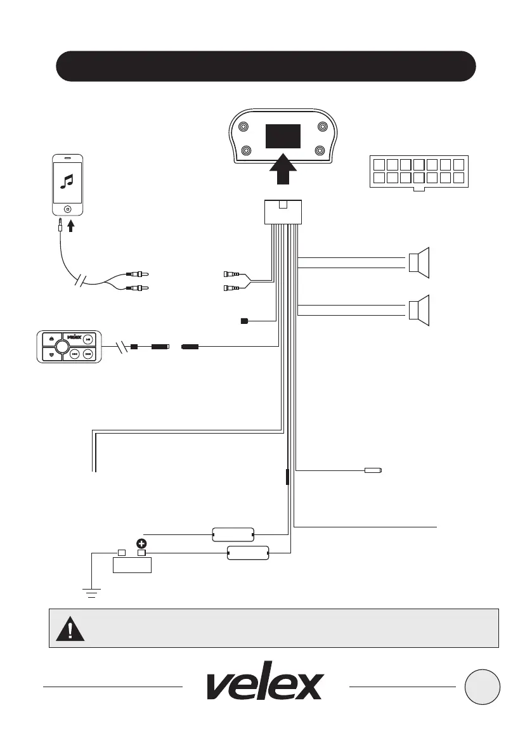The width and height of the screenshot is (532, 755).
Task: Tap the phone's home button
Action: tap(67, 209)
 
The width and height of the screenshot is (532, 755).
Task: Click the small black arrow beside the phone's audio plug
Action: tap(71, 225)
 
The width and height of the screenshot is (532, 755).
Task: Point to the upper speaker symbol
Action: tap(418, 261)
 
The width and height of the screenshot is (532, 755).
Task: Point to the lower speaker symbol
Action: tap(418, 311)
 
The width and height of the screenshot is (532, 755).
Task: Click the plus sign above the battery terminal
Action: tap(141, 544)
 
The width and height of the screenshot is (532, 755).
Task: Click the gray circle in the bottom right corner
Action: tap(482, 686)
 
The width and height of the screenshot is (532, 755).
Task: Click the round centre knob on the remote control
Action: tap(61, 346)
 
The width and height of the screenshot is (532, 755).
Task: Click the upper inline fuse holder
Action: tap(231, 534)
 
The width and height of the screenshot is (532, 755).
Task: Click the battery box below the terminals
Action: tap(131, 564)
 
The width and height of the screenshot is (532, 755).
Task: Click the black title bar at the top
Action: tap(266, 67)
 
